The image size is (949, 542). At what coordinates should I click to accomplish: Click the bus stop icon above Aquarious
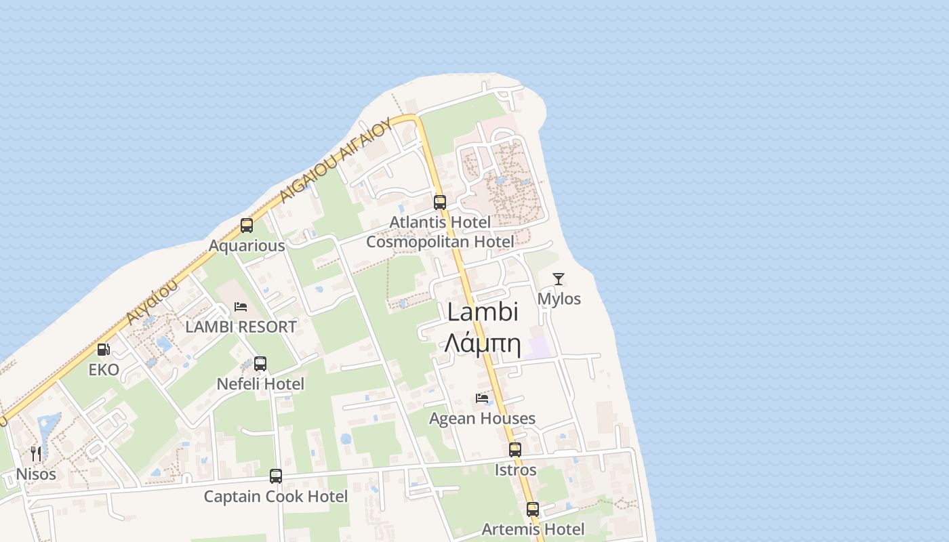[247, 226]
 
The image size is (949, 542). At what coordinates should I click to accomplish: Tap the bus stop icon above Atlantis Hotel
[440, 202]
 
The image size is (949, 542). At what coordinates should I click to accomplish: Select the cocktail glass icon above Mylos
[558, 278]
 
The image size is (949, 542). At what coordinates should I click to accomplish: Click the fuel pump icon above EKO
[103, 350]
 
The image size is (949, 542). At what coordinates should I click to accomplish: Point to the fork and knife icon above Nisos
[36, 453]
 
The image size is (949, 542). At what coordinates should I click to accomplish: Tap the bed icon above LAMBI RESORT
[241, 306]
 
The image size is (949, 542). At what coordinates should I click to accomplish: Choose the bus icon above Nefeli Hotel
[260, 364]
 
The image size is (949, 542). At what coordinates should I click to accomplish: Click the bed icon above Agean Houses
[482, 398]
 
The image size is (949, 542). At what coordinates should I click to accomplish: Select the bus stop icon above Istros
[515, 449]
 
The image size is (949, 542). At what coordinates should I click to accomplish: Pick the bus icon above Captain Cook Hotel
[276, 476]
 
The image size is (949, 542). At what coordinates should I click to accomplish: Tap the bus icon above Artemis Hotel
[533, 509]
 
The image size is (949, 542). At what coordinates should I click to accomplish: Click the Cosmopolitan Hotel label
[440, 242]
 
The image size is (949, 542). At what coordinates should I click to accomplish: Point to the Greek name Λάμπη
[483, 344]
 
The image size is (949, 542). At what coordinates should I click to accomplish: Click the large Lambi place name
[483, 312]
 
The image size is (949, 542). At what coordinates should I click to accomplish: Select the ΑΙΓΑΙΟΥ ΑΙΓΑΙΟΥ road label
[336, 160]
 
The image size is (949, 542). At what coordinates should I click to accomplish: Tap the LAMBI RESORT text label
[241, 327]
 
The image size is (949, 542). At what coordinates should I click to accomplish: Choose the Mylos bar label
[559, 299]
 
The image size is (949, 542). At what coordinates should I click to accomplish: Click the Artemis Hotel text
[533, 529]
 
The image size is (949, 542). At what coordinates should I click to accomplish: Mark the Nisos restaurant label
[36, 474]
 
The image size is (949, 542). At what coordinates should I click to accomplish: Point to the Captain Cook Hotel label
[276, 497]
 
